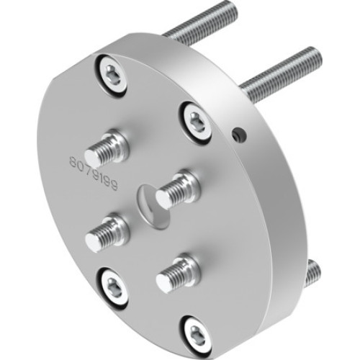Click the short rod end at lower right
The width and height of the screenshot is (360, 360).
point(313,271)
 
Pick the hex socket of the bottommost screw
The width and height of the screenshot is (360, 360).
point(196,332)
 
